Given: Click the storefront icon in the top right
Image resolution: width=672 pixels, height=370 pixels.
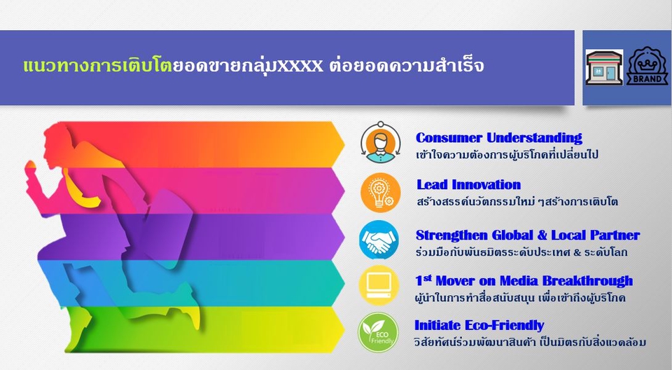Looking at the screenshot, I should point(604,68).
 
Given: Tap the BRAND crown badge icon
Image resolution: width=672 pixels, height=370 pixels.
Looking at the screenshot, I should point(647,68).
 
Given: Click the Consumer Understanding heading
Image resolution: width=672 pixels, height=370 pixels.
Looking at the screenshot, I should point(498,138).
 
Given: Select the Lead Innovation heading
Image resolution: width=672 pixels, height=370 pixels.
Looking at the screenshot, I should point(468,185).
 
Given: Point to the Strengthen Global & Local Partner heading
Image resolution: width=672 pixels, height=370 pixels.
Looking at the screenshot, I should point(527,235).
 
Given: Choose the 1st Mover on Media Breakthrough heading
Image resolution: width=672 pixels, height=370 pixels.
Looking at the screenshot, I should point(524,281).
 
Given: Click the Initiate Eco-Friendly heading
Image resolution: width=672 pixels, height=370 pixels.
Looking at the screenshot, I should point(479,325).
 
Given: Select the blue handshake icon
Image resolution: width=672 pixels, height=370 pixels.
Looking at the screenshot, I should point(379,240).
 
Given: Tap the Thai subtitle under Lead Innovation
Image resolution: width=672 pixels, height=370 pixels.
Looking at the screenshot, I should point(517,203).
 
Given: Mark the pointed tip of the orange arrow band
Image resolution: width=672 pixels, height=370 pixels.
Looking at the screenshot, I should point(342,144).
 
